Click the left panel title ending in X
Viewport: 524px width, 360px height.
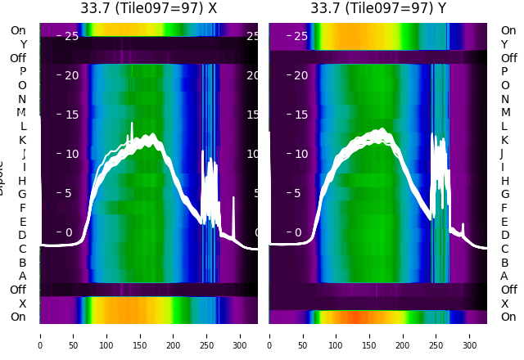click(148, 8)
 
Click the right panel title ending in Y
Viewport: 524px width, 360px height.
click(378, 8)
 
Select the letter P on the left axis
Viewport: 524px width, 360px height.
click(23, 72)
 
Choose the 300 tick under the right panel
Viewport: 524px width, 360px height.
click(470, 335)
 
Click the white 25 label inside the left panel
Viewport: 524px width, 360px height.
click(72, 36)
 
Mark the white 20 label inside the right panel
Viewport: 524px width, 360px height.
click(301, 76)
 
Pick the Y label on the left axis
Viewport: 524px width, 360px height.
click(23, 45)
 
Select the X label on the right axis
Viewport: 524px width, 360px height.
click(504, 304)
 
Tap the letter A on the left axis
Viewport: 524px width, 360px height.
click(23, 276)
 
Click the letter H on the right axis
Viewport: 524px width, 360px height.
click(504, 181)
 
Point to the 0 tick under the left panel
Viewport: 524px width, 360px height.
click(40, 335)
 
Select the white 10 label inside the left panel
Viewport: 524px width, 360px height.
click(72, 154)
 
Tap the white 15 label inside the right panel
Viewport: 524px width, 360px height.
click(301, 115)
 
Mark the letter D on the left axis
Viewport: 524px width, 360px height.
click(23, 236)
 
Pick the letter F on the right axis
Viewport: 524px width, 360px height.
click(504, 208)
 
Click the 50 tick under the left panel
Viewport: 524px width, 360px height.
click(73, 335)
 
